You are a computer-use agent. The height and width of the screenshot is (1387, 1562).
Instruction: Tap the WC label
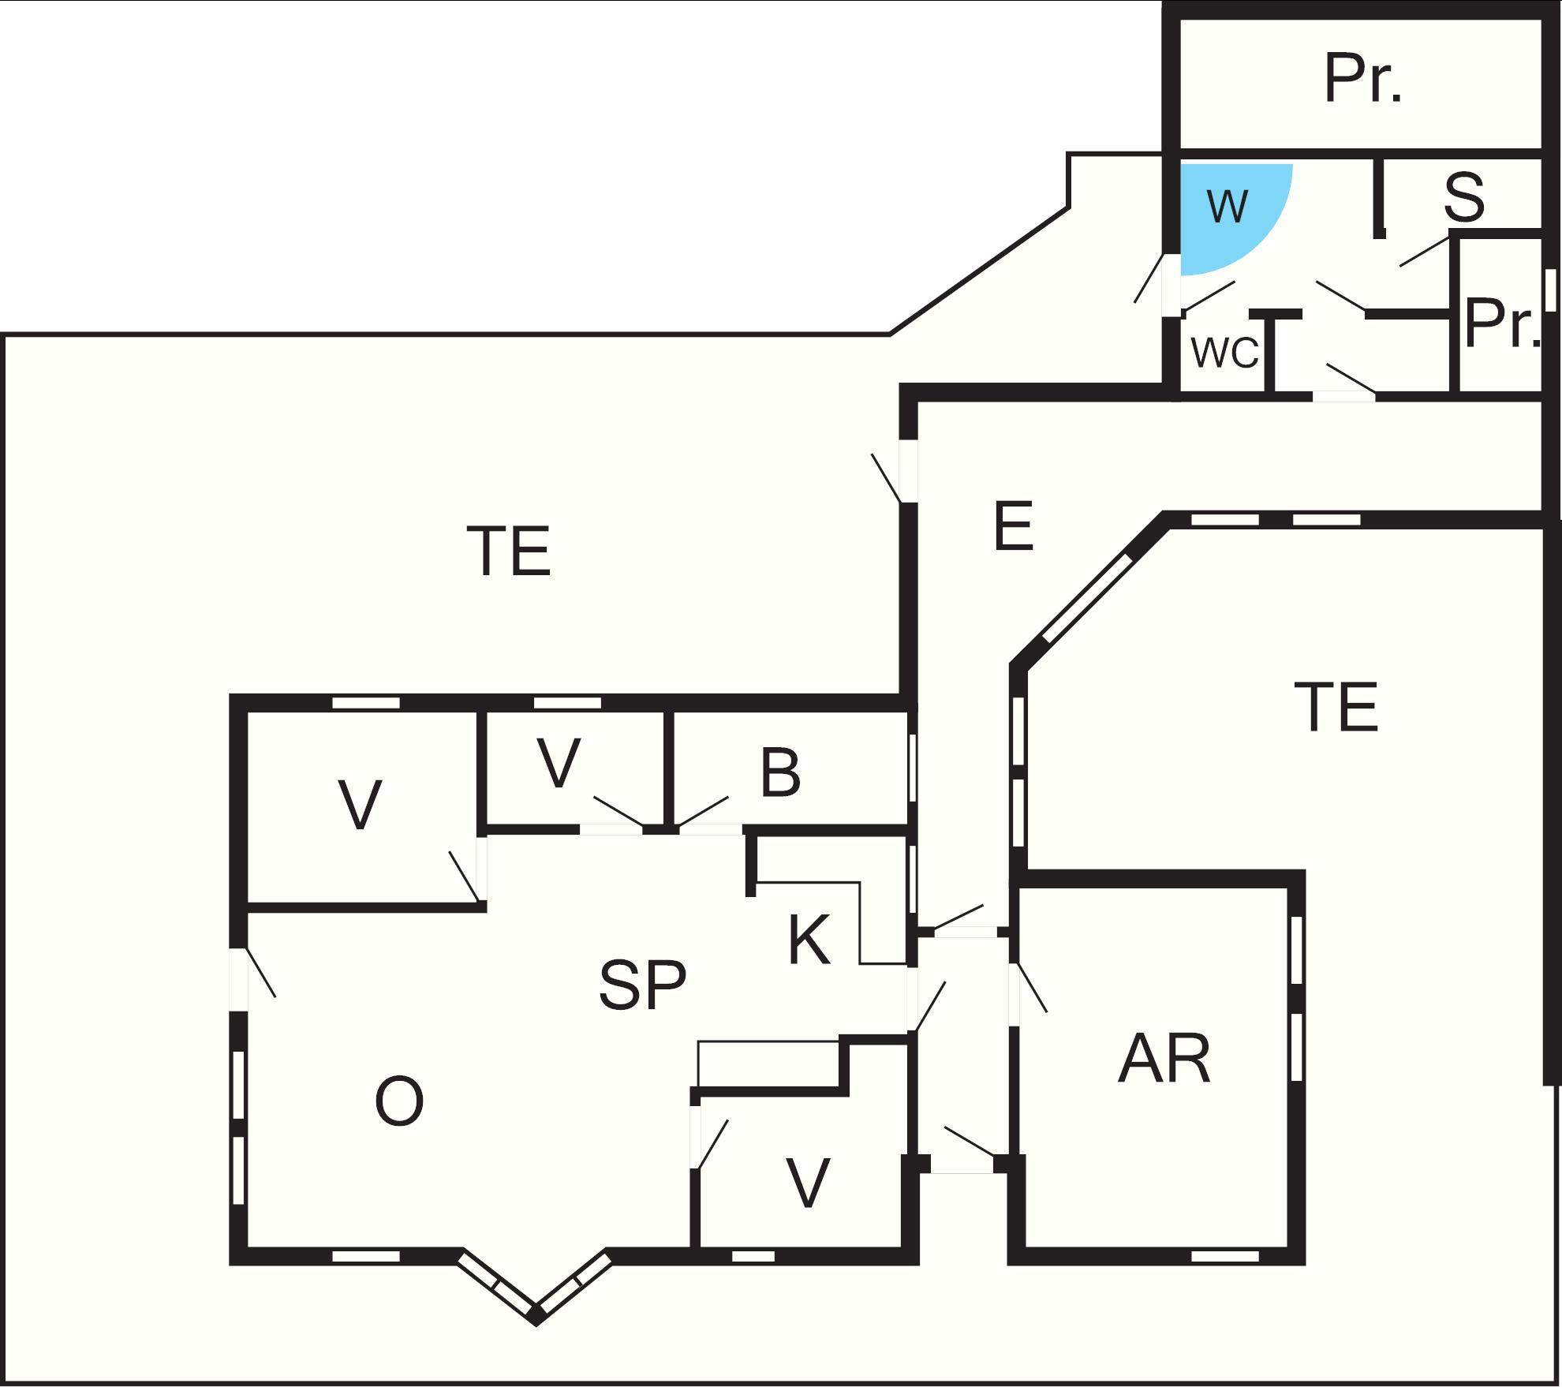pyautogui.click(x=1224, y=353)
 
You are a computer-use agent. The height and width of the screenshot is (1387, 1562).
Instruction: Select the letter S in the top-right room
pyautogui.click(x=1464, y=198)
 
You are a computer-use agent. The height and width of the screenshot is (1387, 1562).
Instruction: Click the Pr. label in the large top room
pyautogui.click(x=1363, y=79)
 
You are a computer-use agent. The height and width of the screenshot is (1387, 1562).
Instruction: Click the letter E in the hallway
pyautogui.click(x=1013, y=527)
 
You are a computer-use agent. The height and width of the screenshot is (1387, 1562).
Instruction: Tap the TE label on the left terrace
pyautogui.click(x=509, y=551)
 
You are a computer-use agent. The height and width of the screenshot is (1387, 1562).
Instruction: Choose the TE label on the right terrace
pyautogui.click(x=1336, y=708)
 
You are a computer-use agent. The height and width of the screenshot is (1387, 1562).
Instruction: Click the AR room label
pyautogui.click(x=1164, y=1060)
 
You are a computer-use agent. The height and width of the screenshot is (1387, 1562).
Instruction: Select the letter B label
pyautogui.click(x=780, y=773)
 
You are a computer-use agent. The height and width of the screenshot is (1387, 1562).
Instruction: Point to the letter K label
pyautogui.click(x=809, y=940)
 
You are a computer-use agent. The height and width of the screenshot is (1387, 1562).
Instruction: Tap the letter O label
pyautogui.click(x=398, y=1102)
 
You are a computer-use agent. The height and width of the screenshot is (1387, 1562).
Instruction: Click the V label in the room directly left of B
pyautogui.click(x=559, y=763)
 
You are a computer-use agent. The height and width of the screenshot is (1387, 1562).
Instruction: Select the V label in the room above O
pyautogui.click(x=360, y=805)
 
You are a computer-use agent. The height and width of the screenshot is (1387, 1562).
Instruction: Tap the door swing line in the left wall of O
pyautogui.click(x=261, y=972)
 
